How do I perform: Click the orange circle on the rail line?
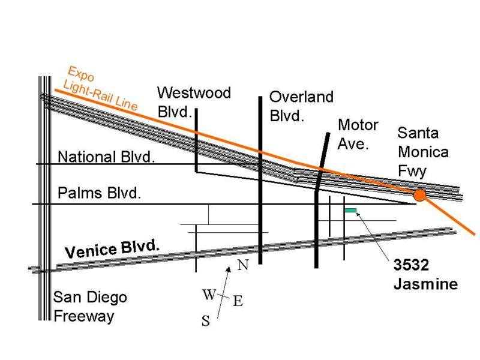tap(419, 195)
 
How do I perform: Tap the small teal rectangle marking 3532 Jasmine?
tap(350, 210)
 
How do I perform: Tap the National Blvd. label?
tap(106, 157)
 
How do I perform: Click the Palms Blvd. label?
tap(99, 193)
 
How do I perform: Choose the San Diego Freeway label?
tap(90, 307)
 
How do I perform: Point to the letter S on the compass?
tap(205, 322)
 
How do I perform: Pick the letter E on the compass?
tap(237, 302)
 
